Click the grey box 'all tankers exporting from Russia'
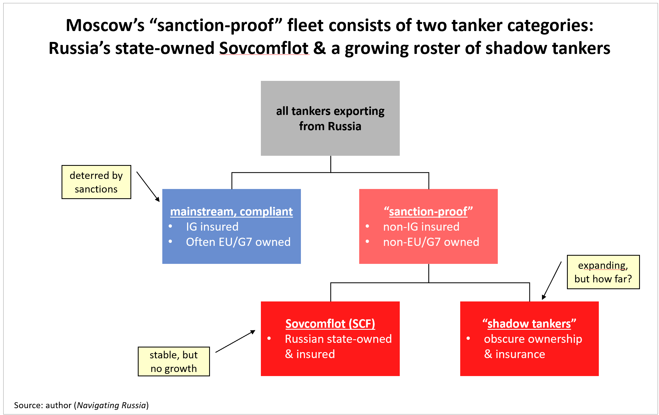[330, 118]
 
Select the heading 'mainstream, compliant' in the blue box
[231, 212]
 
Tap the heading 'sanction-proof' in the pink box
[428, 212]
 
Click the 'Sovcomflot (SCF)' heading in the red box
[330, 324]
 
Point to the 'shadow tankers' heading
[529, 324]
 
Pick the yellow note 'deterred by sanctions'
[96, 182]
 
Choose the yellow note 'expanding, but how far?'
[603, 272]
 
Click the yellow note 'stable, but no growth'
[173, 362]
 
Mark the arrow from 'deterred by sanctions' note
[148, 187]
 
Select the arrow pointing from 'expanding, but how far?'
[552, 280]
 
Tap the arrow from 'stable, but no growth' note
[235, 341]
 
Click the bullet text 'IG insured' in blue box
[212, 227]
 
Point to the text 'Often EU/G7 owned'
[238, 242]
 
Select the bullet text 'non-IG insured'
[421, 227]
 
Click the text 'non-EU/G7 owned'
[431, 242]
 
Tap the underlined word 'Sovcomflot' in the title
[264, 48]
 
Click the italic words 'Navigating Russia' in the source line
[111, 405]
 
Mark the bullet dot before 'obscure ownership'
[468, 339]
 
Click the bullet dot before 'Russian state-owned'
[269, 339]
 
